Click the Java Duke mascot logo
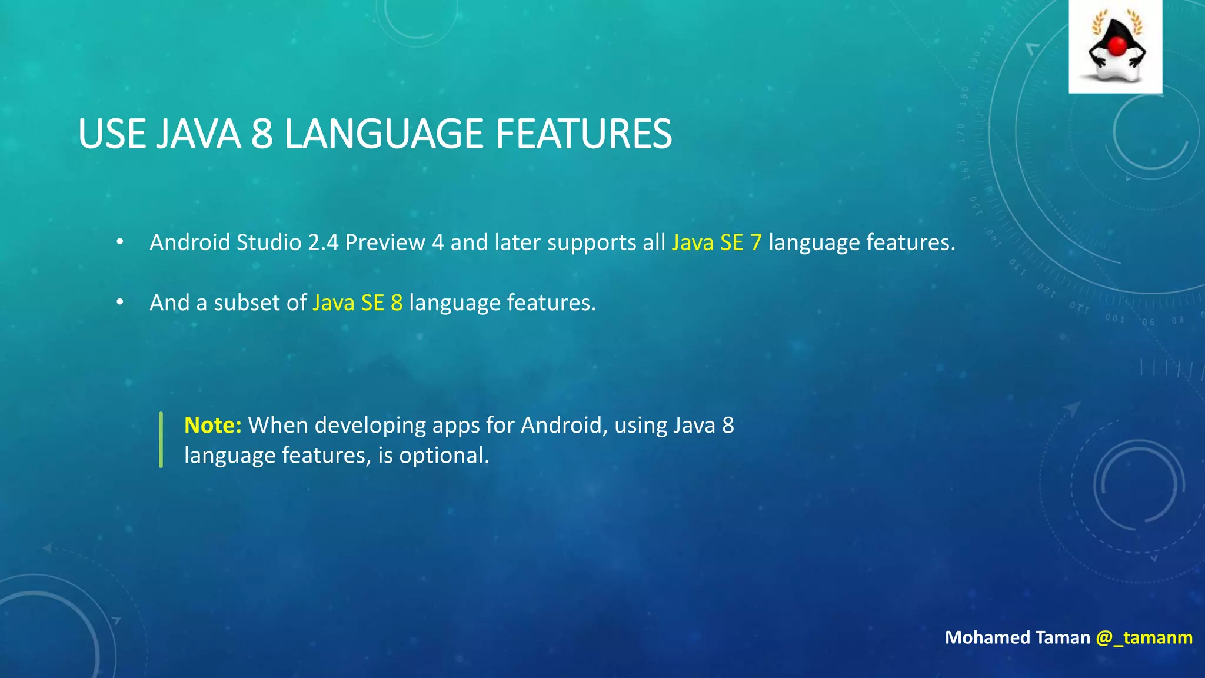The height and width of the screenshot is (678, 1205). pos(1116,47)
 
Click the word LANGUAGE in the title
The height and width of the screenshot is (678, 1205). pos(384,134)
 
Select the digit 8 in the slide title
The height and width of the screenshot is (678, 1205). pos(262,134)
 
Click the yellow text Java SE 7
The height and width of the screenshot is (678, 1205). pos(717,242)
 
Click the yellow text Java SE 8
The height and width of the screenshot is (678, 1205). pos(358,303)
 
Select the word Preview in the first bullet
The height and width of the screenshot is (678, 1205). pos(385,242)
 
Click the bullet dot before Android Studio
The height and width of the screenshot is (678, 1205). pos(120,242)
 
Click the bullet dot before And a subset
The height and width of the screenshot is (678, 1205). pos(120,302)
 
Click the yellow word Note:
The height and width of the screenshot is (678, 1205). pos(212,425)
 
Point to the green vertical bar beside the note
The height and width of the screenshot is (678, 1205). pos(161,440)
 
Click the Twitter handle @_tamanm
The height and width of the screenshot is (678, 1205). pos(1144,637)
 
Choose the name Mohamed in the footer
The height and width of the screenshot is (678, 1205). pos(987,637)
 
